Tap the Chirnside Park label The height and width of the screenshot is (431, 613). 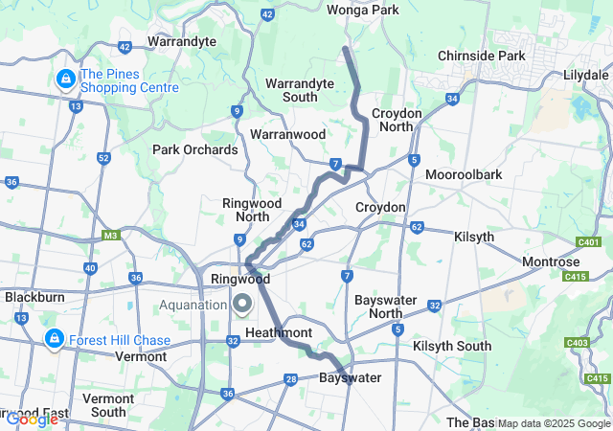tap(482, 56)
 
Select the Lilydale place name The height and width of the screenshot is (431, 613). tap(586, 74)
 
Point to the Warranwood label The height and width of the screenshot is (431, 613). tap(288, 135)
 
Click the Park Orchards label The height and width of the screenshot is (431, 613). tap(195, 149)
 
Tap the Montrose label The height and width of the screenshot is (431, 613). tap(551, 261)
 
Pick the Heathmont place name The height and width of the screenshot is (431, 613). tap(279, 331)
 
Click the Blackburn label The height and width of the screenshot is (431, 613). tap(34, 297)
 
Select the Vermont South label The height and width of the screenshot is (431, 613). tap(108, 404)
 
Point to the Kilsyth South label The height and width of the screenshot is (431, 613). tap(452, 346)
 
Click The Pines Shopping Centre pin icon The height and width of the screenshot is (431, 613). tap(66, 79)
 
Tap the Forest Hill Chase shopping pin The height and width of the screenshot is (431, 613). tap(55, 339)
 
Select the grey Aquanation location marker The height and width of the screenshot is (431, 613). tap(241, 304)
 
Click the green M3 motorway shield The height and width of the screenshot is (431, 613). tap(110, 235)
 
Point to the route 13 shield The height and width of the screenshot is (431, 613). tap(75, 105)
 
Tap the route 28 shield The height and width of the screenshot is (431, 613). tap(291, 380)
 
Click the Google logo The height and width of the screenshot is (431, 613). tap(32, 419)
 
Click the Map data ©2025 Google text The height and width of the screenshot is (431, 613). tap(553, 423)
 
